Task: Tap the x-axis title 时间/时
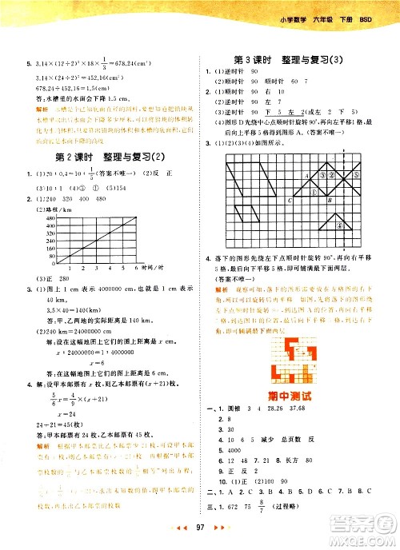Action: click(152, 269)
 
